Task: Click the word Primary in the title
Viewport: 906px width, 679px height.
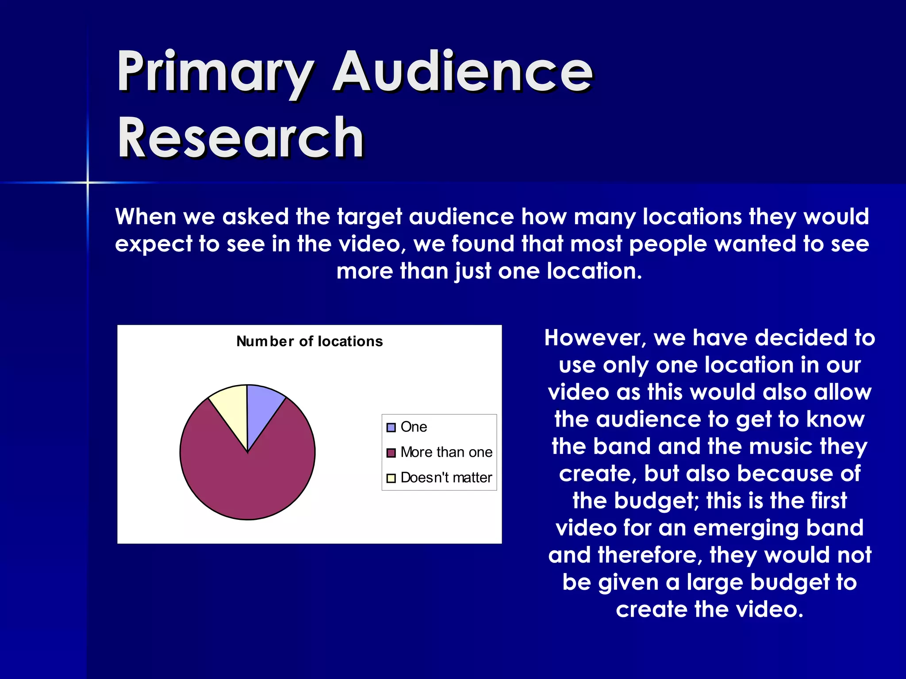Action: click(215, 72)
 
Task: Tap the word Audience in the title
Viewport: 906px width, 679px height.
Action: click(462, 72)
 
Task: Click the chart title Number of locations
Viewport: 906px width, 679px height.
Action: click(309, 341)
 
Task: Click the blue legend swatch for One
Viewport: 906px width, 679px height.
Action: click(391, 427)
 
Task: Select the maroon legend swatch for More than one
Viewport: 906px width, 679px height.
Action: click(391, 453)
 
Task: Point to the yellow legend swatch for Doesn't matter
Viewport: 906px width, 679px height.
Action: click(391, 478)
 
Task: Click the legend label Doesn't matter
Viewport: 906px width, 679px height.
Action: click(446, 478)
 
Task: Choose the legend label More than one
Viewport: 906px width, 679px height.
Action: click(446, 452)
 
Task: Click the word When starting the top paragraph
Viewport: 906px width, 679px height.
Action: click(146, 217)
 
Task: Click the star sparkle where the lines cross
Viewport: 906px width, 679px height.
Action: click(88, 182)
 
